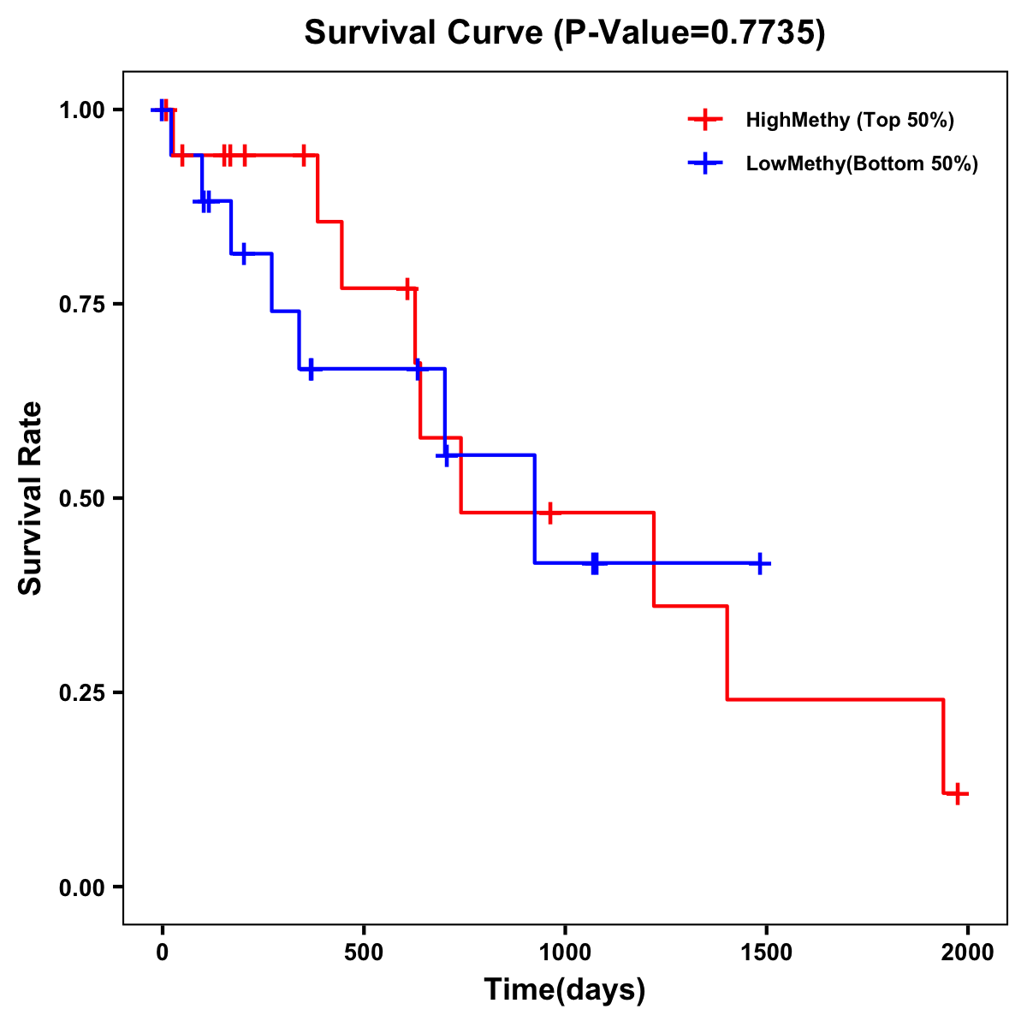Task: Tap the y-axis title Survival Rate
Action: (30, 497)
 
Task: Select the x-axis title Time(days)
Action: (565, 989)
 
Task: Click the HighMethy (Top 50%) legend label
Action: (849, 120)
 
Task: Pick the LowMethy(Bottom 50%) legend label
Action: (862, 163)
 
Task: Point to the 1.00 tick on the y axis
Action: (82, 110)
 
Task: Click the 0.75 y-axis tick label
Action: (82, 305)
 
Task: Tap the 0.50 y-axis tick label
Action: (82, 498)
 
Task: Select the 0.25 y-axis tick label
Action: (82, 692)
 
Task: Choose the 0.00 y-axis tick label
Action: (82, 887)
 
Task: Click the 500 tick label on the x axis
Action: (364, 953)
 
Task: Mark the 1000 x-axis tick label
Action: (565, 953)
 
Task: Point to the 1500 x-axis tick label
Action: (766, 953)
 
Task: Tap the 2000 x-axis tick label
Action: (968, 953)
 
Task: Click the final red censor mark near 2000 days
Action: (959, 793)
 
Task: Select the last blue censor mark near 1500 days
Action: (760, 563)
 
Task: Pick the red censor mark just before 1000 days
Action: (550, 513)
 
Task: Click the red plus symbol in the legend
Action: (705, 120)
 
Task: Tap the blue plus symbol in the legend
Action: (705, 163)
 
